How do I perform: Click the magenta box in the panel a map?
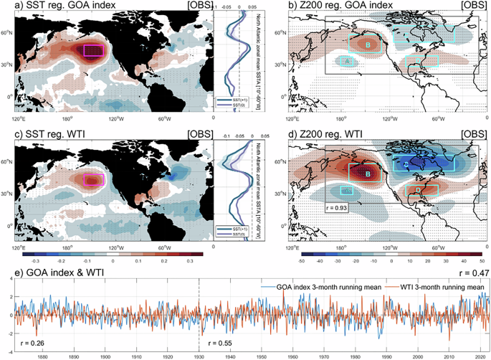click(95, 50)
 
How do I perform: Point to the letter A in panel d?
click(347, 191)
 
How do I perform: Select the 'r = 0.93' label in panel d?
click(340, 209)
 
